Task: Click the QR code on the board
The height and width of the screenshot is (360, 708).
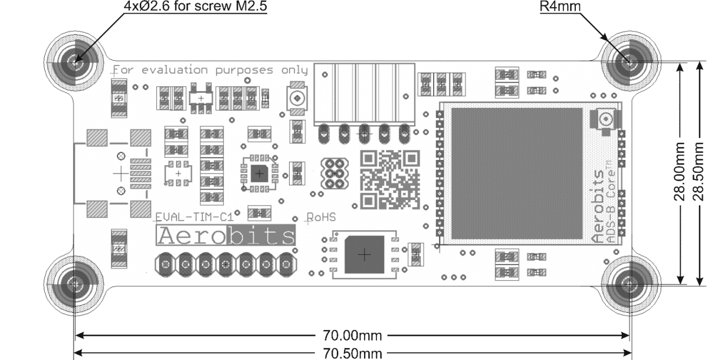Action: [x=390, y=179]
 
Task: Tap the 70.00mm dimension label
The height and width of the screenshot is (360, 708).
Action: [x=352, y=336]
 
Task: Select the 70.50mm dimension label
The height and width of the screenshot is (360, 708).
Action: [x=352, y=354]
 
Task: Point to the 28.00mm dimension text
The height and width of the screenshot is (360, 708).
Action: [x=680, y=171]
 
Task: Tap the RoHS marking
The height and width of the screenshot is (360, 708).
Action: [x=322, y=217]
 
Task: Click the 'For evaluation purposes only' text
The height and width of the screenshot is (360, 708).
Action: [x=211, y=70]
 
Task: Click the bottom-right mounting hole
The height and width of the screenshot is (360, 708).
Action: [x=630, y=284]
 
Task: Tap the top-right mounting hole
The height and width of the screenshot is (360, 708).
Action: [x=630, y=61]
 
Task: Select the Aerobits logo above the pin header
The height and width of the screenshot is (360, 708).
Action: [x=227, y=236]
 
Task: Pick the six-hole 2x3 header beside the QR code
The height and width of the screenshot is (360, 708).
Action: [x=335, y=174]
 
